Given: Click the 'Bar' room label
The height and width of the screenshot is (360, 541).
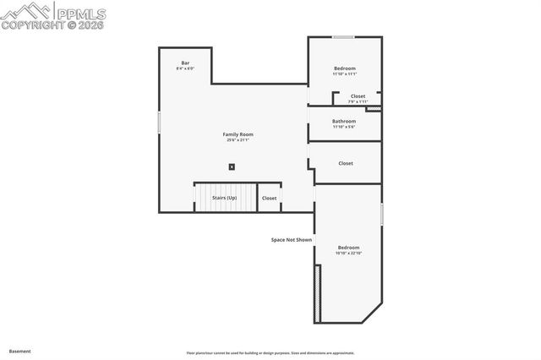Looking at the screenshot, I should [184, 63].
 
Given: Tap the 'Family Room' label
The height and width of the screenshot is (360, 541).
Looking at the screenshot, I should [238, 134].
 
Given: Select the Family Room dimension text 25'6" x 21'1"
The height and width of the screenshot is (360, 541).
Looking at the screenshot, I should [238, 140].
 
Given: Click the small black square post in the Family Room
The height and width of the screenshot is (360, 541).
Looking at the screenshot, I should [232, 166].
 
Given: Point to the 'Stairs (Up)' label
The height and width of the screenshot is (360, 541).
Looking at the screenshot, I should [224, 198].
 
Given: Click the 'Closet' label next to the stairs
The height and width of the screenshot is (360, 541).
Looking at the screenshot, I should [269, 198].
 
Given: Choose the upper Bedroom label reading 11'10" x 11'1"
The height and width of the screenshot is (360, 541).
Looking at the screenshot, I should [344, 74].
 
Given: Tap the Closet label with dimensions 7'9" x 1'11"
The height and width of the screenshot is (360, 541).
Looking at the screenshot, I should [358, 101].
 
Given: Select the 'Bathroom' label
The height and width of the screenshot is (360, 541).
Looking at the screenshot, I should [344, 121].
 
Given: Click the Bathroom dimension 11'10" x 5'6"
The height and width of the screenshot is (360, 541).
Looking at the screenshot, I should [344, 127].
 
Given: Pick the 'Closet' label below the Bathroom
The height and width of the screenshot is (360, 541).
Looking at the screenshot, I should [346, 163].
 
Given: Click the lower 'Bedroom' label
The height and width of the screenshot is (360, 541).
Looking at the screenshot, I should [347, 248].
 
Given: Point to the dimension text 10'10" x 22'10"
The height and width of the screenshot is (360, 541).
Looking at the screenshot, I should [347, 254].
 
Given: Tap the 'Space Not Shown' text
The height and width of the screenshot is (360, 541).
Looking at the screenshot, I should [292, 240].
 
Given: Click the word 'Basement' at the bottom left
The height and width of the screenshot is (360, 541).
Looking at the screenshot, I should [20, 351].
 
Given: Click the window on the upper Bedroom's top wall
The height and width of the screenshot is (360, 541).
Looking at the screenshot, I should [342, 36].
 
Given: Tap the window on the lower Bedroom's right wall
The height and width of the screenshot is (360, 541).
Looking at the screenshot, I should [382, 214].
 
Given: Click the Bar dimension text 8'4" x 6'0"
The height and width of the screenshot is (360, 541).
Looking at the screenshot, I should [184, 68].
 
